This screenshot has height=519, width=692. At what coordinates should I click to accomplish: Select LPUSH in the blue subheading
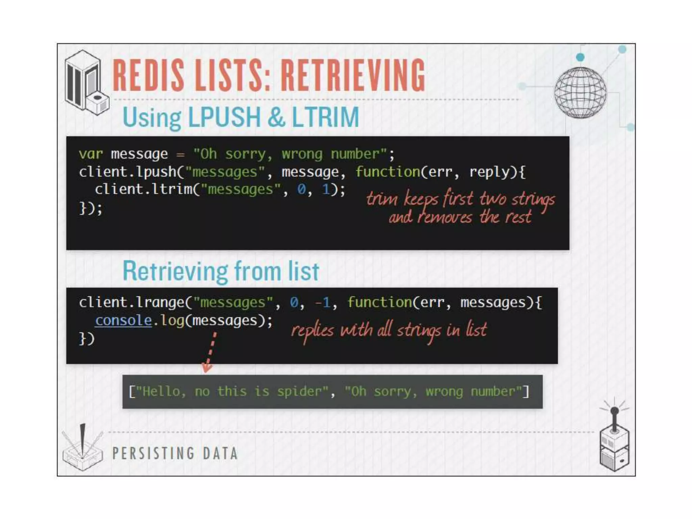[x=224, y=117]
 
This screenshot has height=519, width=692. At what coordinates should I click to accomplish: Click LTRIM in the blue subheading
[x=325, y=117]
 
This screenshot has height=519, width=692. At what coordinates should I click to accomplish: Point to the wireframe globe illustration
[x=580, y=92]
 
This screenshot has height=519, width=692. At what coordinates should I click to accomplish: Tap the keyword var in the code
[x=91, y=154]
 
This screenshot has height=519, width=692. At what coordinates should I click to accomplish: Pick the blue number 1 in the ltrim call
[x=326, y=189]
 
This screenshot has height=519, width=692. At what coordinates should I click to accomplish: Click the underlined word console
[x=123, y=320]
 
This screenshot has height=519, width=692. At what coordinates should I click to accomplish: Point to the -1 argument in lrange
[x=322, y=302]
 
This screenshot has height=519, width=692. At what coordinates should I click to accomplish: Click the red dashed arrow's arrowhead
[x=206, y=368]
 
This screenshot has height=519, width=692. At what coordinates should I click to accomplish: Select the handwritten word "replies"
[x=313, y=330]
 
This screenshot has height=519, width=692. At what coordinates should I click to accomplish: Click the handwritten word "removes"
[x=445, y=217]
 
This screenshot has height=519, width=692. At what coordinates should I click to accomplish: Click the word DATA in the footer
[x=220, y=453]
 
